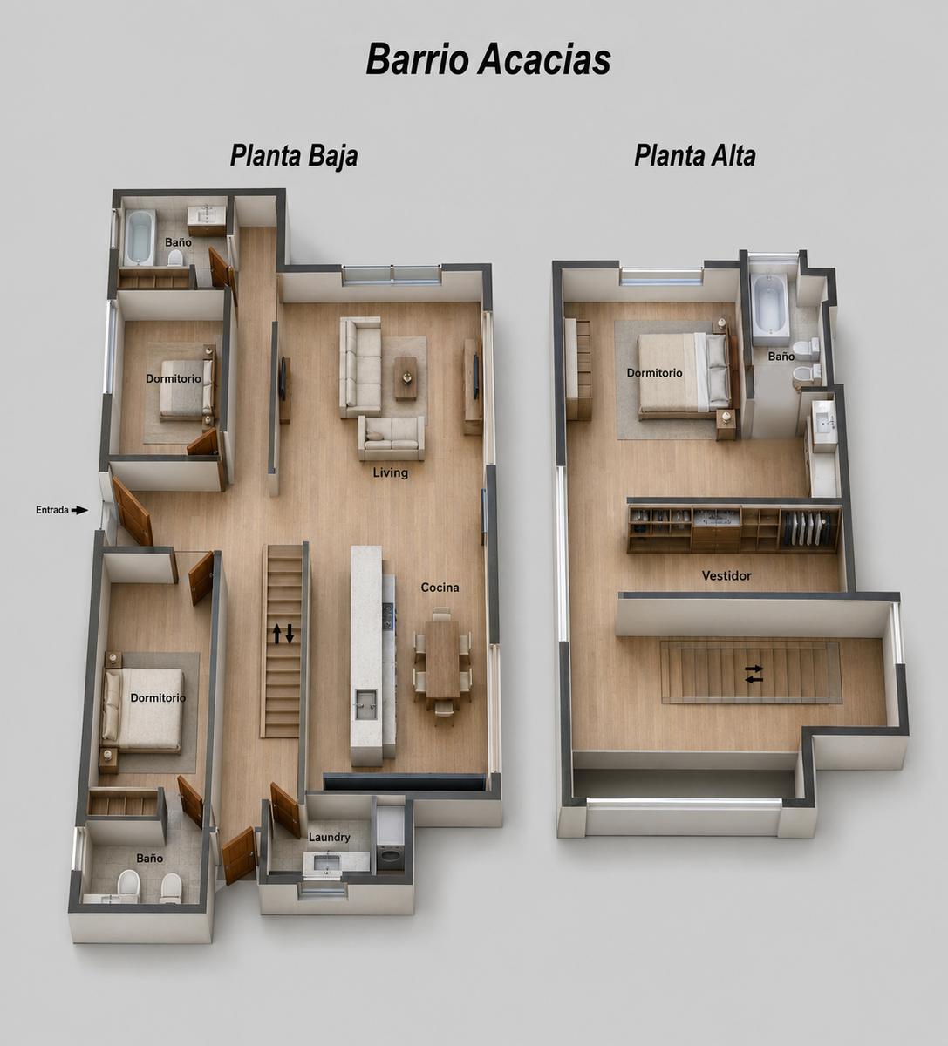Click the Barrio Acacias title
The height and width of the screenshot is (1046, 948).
point(488,60)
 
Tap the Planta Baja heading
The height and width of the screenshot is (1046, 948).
point(294,156)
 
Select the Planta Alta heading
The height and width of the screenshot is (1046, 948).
point(695,156)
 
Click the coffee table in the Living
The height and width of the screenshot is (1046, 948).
point(406,377)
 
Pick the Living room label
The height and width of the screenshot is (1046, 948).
point(390,473)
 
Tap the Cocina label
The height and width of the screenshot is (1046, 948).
point(440,588)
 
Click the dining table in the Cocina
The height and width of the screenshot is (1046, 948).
point(442,659)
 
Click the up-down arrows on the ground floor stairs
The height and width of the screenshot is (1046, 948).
point(283,634)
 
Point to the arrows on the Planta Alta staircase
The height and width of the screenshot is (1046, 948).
point(754,674)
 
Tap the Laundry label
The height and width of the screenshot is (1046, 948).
point(329,838)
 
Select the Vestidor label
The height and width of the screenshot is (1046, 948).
point(726,575)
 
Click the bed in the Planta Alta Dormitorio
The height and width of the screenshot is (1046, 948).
point(684,375)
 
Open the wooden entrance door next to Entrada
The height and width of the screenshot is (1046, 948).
point(133,512)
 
